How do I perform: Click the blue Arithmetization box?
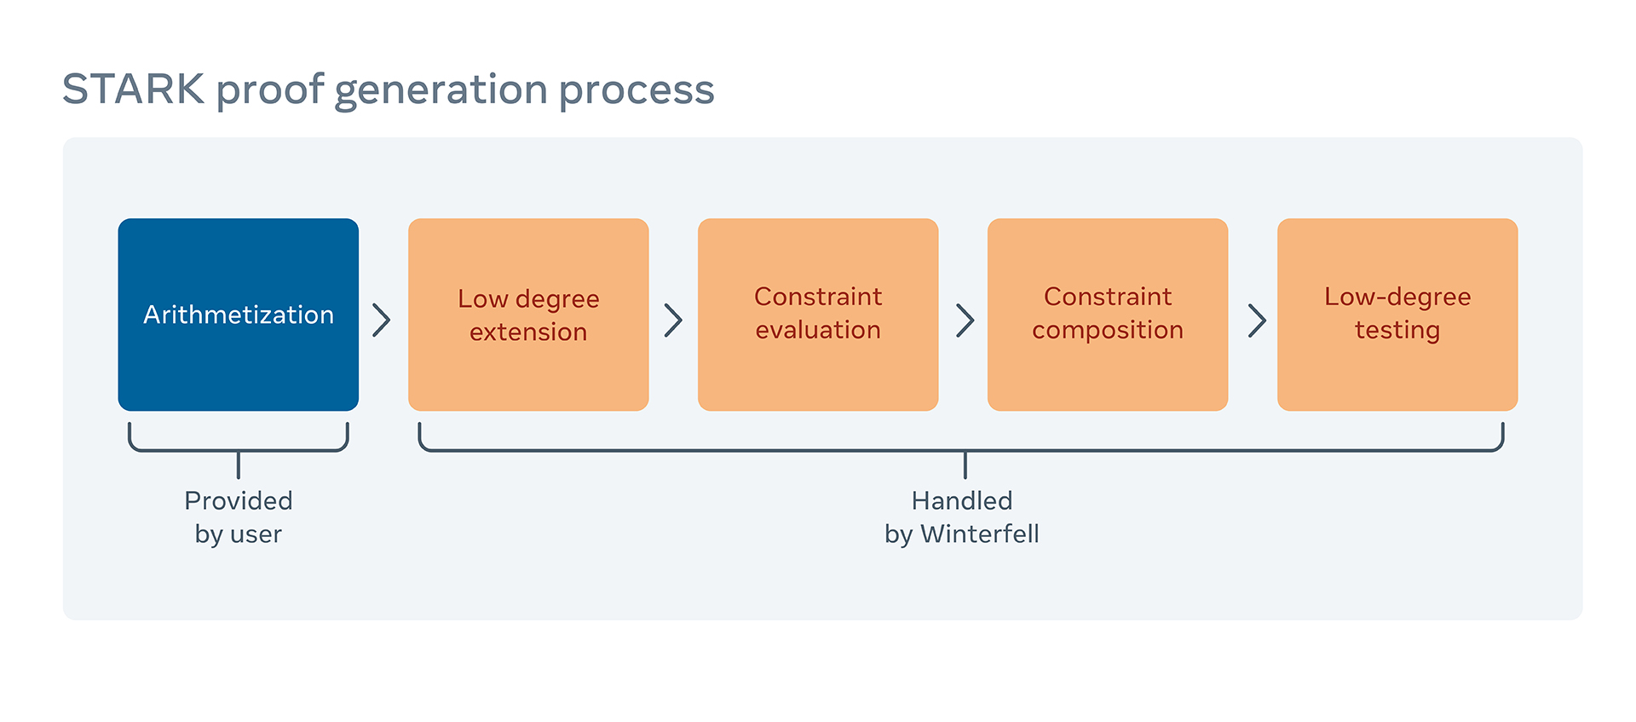(239, 315)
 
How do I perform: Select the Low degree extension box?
(528, 315)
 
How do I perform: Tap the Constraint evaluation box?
(818, 315)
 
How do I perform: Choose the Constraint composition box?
(1108, 315)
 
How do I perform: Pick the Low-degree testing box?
(1397, 315)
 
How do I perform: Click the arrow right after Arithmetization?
(382, 321)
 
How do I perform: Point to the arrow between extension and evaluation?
(673, 321)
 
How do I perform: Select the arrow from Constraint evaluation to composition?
(965, 321)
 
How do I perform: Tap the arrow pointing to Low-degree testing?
(1257, 321)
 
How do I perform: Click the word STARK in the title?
(134, 90)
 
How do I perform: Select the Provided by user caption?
(239, 517)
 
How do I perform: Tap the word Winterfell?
(980, 534)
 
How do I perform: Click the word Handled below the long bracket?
(962, 500)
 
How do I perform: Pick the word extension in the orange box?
(528, 332)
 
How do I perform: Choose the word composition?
(1108, 331)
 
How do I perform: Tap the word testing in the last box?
(1397, 331)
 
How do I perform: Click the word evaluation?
(818, 330)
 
